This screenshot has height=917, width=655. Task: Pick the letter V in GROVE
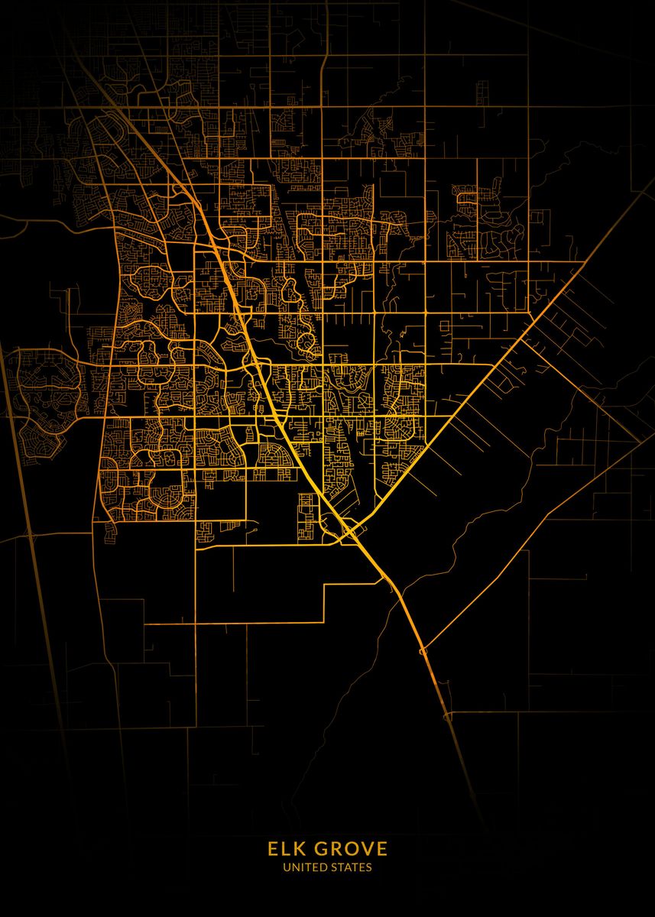point(365,849)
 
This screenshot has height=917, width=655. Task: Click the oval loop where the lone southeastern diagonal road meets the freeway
point(423,652)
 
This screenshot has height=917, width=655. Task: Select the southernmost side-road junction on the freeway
point(447,717)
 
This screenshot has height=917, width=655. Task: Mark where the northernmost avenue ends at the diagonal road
point(585,261)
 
